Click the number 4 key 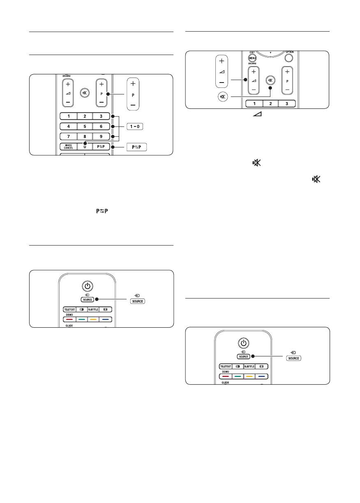click(x=68, y=126)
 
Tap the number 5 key click(x=85, y=126)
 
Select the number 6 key click(x=101, y=126)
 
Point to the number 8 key click(x=85, y=136)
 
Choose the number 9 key click(x=101, y=136)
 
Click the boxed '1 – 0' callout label click(x=135, y=126)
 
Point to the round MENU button click(x=252, y=59)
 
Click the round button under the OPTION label click(x=290, y=58)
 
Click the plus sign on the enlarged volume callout click(x=222, y=61)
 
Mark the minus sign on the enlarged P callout click(x=133, y=106)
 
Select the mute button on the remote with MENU click(x=270, y=80)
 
